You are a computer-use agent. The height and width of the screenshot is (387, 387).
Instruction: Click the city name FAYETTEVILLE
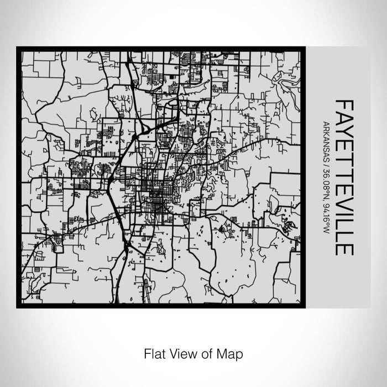pos(344,177)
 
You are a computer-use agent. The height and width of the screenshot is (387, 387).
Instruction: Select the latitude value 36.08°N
pos(327,175)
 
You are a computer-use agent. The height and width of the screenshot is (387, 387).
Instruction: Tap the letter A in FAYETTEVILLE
pos(344,118)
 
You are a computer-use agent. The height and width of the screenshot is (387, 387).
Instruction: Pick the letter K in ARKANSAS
pos(327,131)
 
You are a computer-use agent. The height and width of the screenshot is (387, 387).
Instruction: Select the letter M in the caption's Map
pos(222,353)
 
